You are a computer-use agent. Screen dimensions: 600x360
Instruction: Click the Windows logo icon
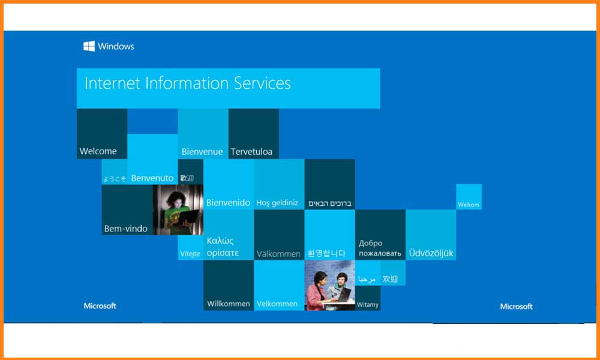(x=89, y=46)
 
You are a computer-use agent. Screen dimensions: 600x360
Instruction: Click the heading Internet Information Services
(x=187, y=83)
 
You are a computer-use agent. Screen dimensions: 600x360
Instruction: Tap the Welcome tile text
(x=98, y=151)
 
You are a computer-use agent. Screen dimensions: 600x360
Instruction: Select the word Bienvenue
(x=202, y=151)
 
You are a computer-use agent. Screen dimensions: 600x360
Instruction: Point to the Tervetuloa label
(x=251, y=151)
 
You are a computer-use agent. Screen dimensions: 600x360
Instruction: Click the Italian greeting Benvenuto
(x=152, y=178)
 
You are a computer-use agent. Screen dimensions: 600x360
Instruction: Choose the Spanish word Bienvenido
(x=228, y=202)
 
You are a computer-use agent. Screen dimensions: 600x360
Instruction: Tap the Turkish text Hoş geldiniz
(x=277, y=203)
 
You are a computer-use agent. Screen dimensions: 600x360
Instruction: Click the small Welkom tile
(x=469, y=197)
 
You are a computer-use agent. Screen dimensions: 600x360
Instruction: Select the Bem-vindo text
(x=125, y=229)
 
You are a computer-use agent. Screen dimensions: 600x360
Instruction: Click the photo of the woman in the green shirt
(x=178, y=209)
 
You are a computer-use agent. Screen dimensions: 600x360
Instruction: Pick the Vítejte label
(x=190, y=254)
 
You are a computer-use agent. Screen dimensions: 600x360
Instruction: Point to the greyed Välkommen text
(x=278, y=254)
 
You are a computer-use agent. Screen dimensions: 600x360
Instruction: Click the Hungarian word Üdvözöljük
(x=431, y=253)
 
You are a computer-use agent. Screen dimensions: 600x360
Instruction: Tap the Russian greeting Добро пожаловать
(x=380, y=248)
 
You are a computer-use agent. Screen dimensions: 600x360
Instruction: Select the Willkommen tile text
(x=229, y=304)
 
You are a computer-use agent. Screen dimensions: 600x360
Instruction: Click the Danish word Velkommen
(x=277, y=304)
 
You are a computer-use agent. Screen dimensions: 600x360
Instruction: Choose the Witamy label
(x=367, y=305)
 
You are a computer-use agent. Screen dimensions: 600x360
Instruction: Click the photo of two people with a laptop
(x=330, y=285)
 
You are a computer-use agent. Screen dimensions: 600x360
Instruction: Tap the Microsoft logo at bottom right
(x=516, y=307)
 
